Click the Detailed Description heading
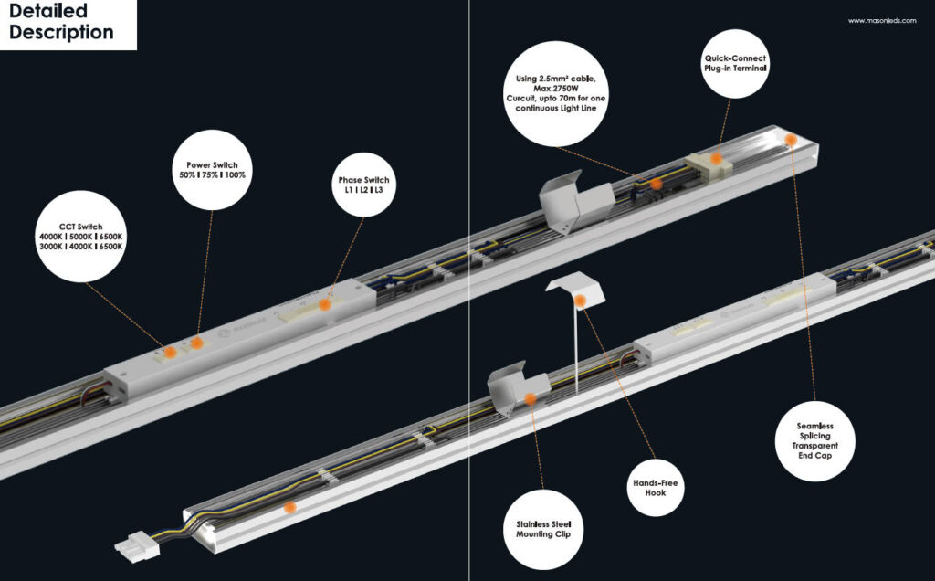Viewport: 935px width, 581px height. click(x=62, y=23)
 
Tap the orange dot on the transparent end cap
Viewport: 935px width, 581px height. click(x=791, y=139)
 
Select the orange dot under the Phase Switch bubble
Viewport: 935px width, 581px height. click(x=324, y=302)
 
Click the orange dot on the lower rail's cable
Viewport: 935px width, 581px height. click(x=289, y=506)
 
